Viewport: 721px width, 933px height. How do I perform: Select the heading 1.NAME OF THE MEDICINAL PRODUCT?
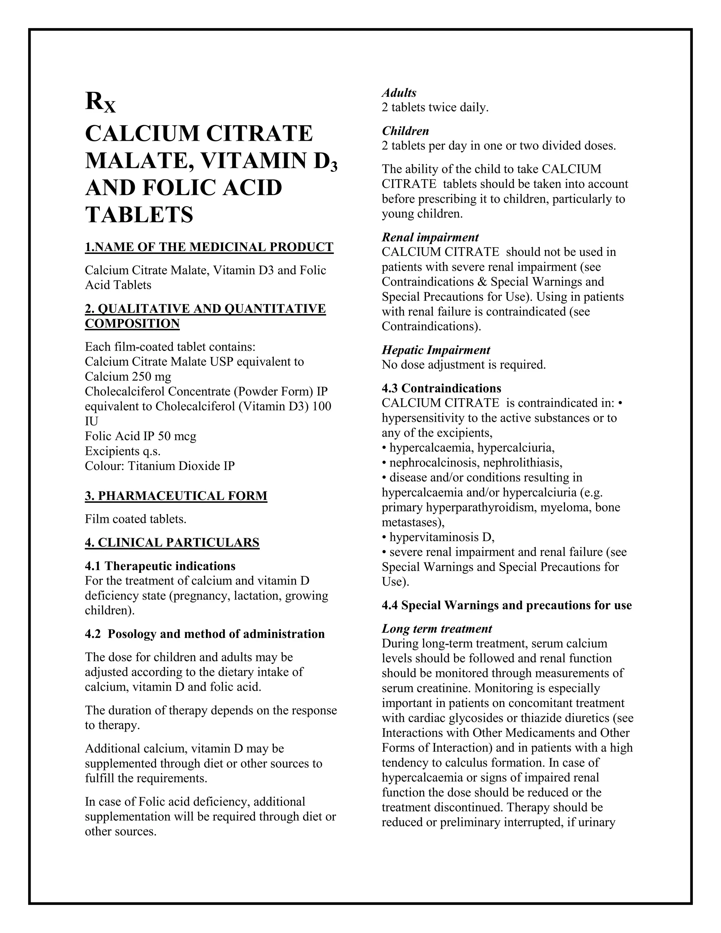click(209, 248)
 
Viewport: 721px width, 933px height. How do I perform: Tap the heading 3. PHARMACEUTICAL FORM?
click(176, 496)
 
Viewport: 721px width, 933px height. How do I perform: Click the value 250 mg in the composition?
click(152, 377)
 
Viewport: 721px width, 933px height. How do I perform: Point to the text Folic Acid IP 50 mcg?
click(140, 436)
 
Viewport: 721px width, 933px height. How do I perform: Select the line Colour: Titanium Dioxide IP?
click(160, 466)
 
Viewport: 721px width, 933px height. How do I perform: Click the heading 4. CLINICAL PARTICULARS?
click(172, 543)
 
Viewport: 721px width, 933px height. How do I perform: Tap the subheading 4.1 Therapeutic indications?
click(160, 566)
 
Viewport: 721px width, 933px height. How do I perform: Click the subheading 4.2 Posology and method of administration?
click(205, 634)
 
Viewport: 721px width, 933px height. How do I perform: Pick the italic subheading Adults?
click(399, 93)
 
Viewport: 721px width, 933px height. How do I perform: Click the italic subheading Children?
click(405, 131)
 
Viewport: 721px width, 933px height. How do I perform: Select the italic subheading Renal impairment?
click(430, 238)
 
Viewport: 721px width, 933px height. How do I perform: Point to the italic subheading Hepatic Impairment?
click(436, 350)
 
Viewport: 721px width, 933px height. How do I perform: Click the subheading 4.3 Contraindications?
click(441, 388)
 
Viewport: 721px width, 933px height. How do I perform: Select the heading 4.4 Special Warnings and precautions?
click(507, 605)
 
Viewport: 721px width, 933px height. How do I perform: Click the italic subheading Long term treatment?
click(437, 629)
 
